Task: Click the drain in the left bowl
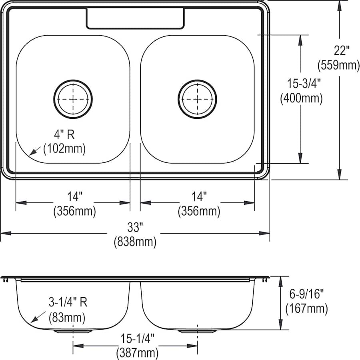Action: pos(73,99)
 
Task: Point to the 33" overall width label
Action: pos(135,228)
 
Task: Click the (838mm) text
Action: pos(135,241)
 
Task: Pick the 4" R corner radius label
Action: pos(64,135)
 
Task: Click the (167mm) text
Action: pos(307,308)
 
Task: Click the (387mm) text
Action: pos(137,353)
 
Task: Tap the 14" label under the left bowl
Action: pos(74,197)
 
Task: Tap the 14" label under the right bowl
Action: pos(199,197)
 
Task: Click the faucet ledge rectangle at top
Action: pos(136,18)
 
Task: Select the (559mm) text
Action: pos(338,64)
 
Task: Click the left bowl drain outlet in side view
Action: pos(73,331)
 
